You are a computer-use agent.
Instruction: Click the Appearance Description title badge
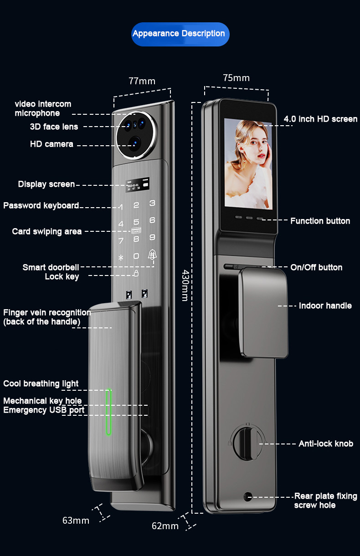(180, 34)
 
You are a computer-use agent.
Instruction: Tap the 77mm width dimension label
(142, 81)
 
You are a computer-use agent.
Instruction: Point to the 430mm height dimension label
(185, 285)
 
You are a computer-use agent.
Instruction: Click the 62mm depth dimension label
(165, 526)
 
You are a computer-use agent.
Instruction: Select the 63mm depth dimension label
(76, 520)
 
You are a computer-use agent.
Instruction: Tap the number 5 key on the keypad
(136, 222)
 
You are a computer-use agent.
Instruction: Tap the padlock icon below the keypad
(136, 273)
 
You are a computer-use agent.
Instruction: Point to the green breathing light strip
(108, 412)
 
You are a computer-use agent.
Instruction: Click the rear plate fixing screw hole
(248, 496)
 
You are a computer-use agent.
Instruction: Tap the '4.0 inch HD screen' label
(320, 119)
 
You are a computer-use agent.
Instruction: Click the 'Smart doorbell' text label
(51, 267)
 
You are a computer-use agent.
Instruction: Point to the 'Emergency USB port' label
(44, 410)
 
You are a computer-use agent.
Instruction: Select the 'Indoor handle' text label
(325, 306)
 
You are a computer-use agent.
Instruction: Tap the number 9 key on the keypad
(152, 237)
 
